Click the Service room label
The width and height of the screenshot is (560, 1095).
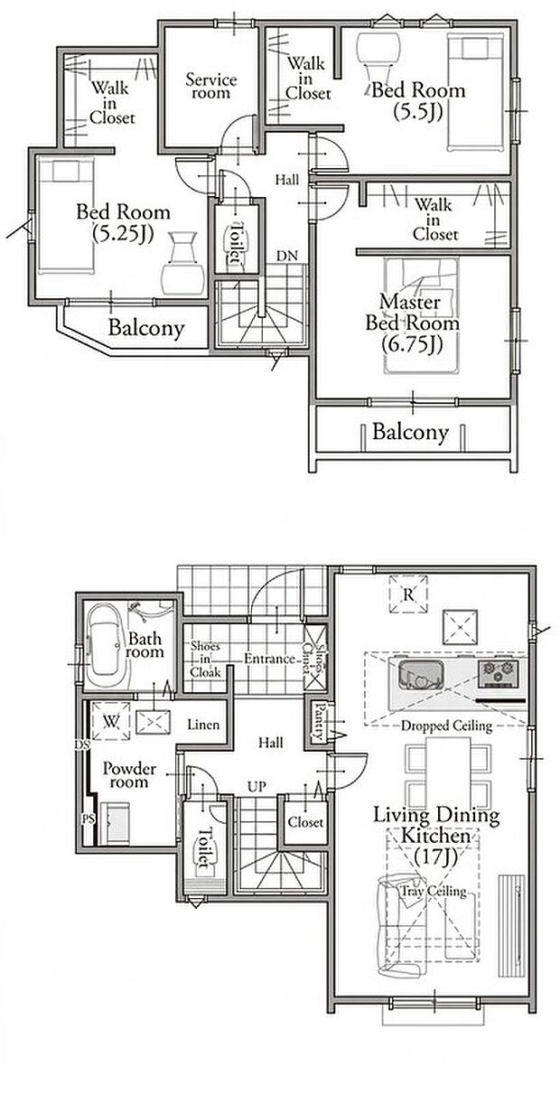211,86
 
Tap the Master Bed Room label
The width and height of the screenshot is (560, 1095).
413,313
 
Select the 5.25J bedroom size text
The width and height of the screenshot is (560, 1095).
123,234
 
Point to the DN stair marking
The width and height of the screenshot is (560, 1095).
287,256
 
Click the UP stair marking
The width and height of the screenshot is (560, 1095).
257,787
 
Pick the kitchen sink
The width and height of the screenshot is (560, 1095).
422,675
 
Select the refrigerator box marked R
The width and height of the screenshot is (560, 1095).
408,594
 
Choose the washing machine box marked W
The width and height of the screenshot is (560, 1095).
111,721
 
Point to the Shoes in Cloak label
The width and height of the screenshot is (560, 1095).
205,659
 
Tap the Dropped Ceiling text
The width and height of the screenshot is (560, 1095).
446,725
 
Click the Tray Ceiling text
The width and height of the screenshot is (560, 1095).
433,891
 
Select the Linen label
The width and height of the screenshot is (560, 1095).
203,725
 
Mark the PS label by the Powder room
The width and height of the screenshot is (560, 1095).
88,819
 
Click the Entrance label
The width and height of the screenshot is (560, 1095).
270,659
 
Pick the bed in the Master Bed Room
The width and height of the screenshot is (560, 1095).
421,316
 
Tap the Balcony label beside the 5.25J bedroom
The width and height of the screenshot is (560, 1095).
146,328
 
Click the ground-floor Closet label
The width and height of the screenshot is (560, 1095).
305,822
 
